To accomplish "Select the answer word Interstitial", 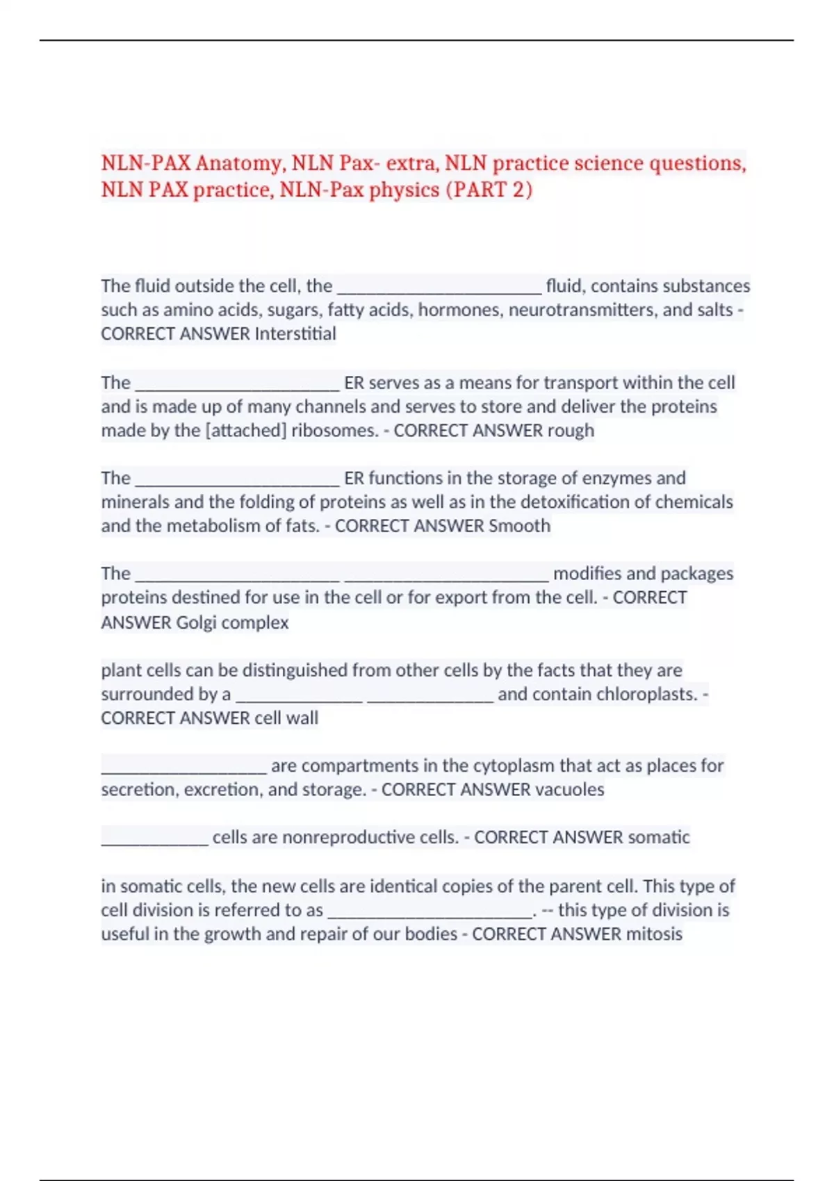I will [295, 334].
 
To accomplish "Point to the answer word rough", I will [571, 431].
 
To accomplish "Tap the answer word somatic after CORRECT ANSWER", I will [659, 838].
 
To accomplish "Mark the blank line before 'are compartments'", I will [183, 770].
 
